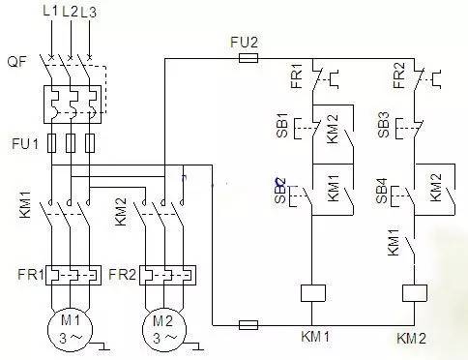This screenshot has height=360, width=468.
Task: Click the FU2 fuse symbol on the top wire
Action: [247, 58]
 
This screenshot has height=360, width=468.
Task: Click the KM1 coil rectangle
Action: [312, 293]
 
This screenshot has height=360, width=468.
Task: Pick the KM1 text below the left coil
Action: [314, 336]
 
